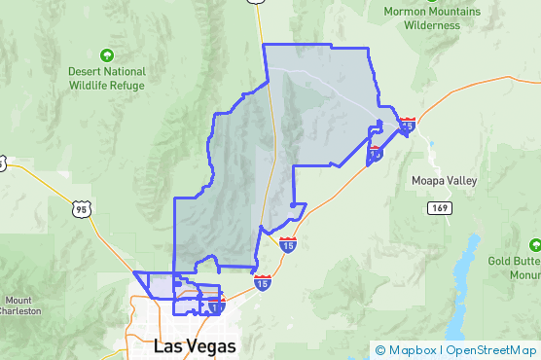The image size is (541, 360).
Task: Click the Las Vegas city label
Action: point(194,345)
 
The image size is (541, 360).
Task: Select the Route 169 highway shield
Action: point(441,207)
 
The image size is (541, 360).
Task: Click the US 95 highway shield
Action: point(81,207)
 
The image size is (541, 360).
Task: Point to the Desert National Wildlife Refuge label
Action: point(106,78)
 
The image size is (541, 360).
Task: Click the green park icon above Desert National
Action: point(107,54)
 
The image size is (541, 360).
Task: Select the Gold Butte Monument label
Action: point(514,268)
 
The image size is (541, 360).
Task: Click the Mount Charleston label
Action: point(20,305)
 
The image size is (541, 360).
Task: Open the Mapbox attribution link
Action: point(412,350)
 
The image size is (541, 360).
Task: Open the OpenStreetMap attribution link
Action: point(491,350)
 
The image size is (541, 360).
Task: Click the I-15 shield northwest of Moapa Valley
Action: point(407,125)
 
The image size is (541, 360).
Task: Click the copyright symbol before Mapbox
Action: point(380,350)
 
